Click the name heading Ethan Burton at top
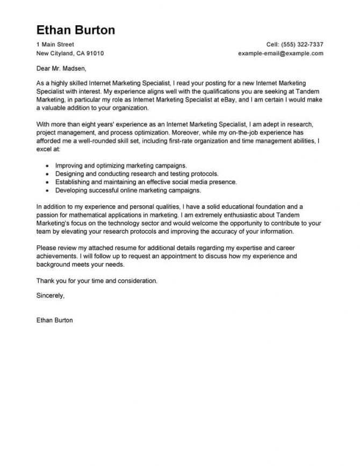pyautogui.click(x=75, y=30)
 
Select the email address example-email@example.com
pyautogui.click(x=280, y=54)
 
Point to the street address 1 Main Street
pyautogui.click(x=55, y=44)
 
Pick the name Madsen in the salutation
pyautogui.click(x=74, y=69)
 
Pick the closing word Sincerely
pyautogui.click(x=50, y=295)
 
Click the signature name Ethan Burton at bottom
pyautogui.click(x=54, y=320)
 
